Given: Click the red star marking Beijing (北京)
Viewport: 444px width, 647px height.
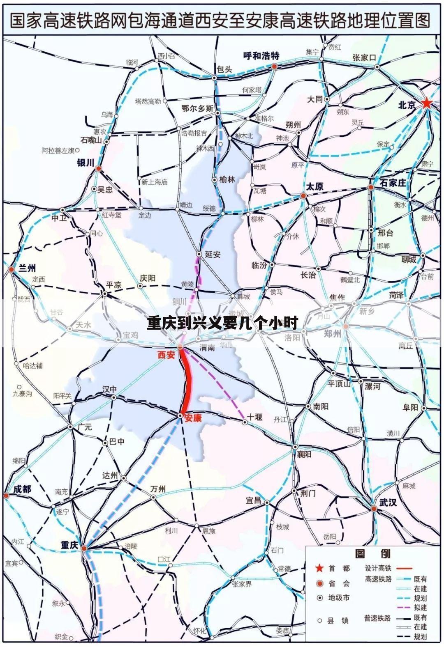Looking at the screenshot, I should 427,103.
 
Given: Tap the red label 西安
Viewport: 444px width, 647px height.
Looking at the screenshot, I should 166,354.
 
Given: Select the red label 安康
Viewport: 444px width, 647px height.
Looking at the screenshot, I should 193,418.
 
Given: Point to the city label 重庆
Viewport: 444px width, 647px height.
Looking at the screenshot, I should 69,545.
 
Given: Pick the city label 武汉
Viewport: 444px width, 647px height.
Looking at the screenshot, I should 388,501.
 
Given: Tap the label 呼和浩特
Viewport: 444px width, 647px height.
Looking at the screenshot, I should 261,56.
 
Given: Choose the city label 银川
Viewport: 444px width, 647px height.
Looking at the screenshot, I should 86,163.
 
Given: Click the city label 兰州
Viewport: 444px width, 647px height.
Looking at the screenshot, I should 28,268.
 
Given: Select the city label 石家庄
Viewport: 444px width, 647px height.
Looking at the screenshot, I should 393,183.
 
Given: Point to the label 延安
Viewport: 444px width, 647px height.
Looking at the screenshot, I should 213,254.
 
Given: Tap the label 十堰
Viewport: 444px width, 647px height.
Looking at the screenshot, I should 254,417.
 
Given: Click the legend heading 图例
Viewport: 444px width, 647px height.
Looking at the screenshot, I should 372,553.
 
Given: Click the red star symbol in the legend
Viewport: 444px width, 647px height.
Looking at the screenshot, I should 319,568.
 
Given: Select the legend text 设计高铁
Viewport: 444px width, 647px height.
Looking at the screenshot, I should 378,568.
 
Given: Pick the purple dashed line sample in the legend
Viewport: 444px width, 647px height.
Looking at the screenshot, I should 405,608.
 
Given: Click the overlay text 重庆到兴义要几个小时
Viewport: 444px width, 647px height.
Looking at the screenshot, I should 222,323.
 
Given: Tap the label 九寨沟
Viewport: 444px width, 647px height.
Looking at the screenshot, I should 22,393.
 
